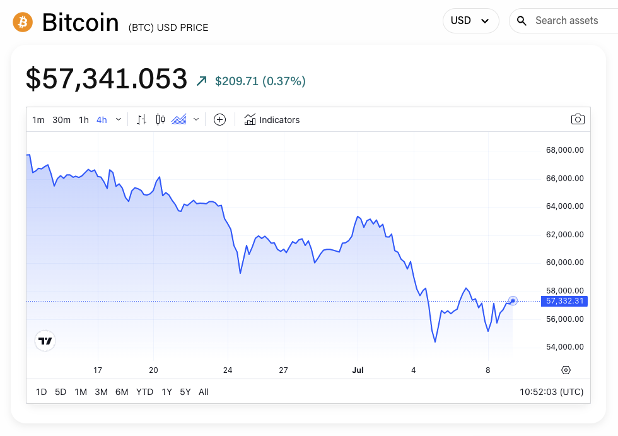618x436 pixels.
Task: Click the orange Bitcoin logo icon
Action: coord(23,22)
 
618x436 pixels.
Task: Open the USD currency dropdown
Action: coord(470,21)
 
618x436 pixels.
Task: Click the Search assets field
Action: coord(566,21)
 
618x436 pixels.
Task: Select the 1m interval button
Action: coord(38,120)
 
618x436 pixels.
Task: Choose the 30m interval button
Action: coord(61,120)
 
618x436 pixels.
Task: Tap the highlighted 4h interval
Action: coord(102,120)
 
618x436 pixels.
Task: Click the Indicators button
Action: coord(272,120)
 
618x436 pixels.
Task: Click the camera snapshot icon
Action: coord(577,119)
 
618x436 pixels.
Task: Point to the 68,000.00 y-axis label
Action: coord(564,150)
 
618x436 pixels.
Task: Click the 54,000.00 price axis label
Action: coord(564,347)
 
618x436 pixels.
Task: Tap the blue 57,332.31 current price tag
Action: coord(564,302)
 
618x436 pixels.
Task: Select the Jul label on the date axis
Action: coord(358,370)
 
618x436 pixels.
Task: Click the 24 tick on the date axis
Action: coord(228,370)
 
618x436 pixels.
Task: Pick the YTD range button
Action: coord(144,392)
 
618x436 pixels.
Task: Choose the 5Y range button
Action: coord(185,392)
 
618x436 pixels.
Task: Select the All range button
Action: coord(204,392)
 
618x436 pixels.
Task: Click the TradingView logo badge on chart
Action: coord(45,341)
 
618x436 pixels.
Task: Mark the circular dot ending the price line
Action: coord(513,301)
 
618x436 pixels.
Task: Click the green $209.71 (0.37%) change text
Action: coord(260,81)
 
